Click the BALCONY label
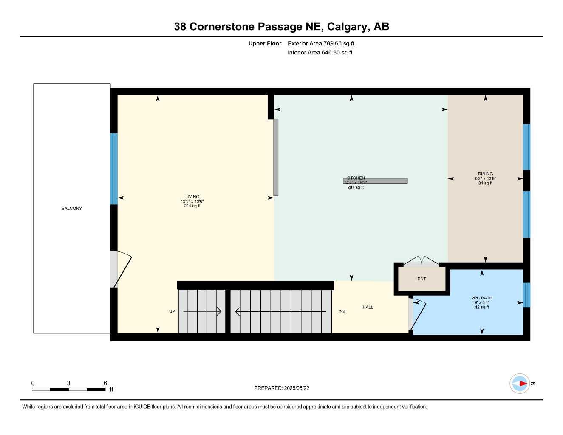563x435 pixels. pos(71,209)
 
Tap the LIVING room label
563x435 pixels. pos(192,197)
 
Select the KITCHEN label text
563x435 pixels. pos(356,178)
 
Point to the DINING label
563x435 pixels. pos(485,174)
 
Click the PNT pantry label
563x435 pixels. pos(422,279)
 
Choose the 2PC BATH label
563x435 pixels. pos(482,298)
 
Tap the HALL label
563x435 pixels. pos(368,308)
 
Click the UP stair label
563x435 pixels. pos(172,311)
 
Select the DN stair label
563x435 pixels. pos(342,311)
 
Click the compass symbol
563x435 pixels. pos(520,384)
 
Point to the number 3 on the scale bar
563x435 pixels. pos(68,383)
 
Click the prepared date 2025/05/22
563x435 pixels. pos(297,388)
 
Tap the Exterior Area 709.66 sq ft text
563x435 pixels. pos(321,43)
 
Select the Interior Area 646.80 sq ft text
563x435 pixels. pos(320,53)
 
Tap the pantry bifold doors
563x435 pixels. pos(421,260)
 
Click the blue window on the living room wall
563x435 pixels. pos(114,169)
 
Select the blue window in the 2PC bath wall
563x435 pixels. pos(527,295)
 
